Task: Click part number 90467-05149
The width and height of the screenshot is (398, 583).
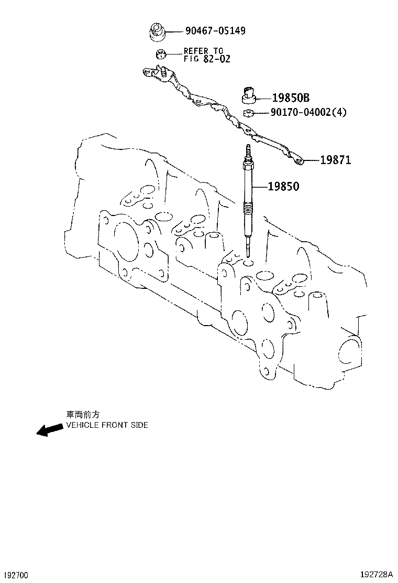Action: (215, 31)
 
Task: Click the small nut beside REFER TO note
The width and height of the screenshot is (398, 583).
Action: (161, 53)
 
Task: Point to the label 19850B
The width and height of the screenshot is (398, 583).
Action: (291, 98)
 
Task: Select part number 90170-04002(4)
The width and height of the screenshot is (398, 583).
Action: (308, 112)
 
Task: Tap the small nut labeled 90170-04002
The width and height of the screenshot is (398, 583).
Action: (249, 112)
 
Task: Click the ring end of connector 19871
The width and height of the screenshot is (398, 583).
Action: (299, 160)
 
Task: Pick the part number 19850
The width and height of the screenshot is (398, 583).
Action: (284, 186)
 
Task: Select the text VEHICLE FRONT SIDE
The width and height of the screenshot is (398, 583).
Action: (106, 425)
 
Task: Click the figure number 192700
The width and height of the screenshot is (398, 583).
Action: (15, 575)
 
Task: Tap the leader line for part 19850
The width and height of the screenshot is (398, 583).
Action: (260, 186)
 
